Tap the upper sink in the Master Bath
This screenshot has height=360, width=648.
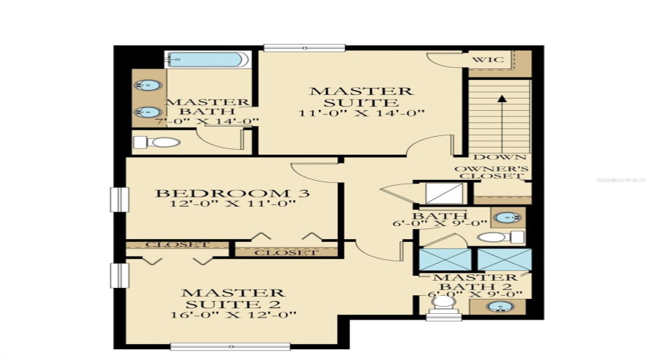point(148,86)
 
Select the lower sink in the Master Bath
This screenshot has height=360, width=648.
point(148,112)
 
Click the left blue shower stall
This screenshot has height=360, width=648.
point(445,258)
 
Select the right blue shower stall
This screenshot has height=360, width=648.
point(504,258)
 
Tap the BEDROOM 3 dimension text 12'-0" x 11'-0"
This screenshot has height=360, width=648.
point(234,205)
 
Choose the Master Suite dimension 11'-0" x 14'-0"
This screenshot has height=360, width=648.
point(362,113)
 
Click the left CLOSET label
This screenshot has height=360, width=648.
point(176,245)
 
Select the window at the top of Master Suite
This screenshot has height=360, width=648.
point(305,48)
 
